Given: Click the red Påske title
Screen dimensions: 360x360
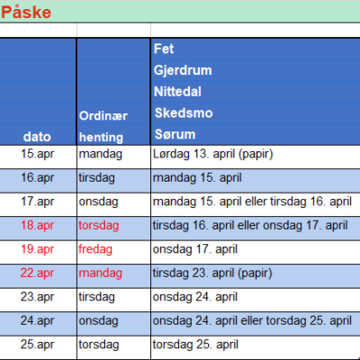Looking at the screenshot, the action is [26, 12].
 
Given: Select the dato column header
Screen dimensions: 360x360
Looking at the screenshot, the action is [37, 137].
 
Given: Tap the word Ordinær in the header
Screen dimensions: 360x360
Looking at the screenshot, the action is [103, 116].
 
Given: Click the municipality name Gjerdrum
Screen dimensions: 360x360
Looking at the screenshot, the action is [183, 70].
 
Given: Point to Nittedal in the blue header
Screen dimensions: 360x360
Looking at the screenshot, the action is [177, 92].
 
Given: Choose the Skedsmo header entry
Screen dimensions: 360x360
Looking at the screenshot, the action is [184, 113].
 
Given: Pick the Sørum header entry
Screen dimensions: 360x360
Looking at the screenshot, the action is [175, 134].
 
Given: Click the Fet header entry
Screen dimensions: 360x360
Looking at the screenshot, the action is [164, 49].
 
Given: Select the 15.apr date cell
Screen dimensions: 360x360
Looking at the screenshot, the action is [38, 154].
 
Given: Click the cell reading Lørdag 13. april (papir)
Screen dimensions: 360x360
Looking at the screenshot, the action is [212, 154].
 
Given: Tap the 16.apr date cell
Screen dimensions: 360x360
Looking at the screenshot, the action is [38, 177].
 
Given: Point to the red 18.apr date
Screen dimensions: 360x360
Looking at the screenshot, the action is [38, 225].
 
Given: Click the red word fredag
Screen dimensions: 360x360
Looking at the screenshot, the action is [95, 249].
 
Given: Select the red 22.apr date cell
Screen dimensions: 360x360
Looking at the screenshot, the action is [37, 273].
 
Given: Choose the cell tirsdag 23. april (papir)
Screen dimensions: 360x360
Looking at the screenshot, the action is [212, 274].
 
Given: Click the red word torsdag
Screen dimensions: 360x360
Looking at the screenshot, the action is [99, 225].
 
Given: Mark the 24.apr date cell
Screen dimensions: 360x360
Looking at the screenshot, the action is [37, 320].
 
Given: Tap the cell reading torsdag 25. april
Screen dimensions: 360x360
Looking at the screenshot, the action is [195, 345].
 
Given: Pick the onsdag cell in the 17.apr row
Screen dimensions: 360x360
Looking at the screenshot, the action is [98, 202].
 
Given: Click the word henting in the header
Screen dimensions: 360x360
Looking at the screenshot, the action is [101, 138].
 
